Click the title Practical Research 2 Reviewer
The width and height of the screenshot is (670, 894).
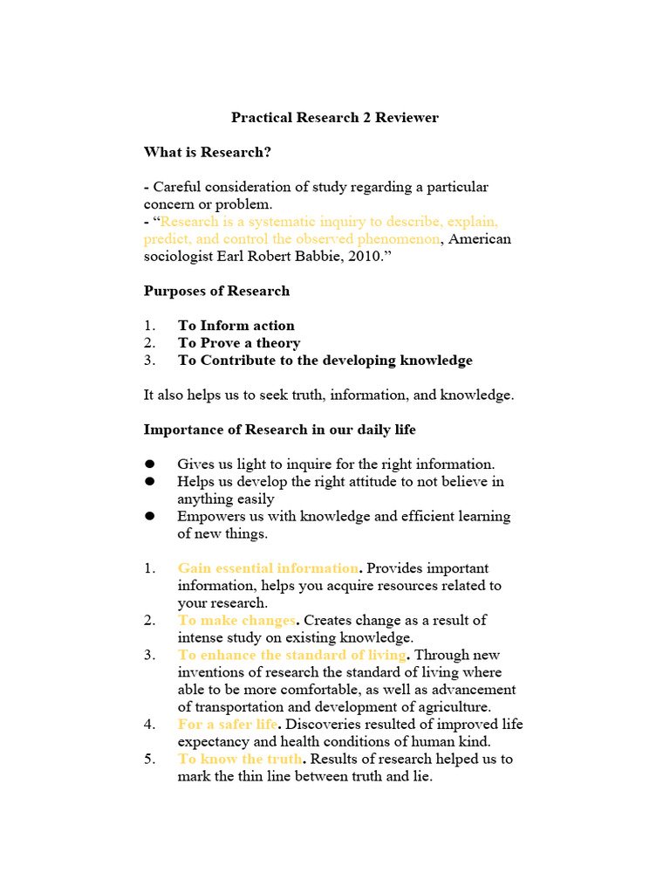(334, 117)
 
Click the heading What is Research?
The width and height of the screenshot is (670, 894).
(208, 152)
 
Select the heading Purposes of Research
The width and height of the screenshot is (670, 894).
(216, 291)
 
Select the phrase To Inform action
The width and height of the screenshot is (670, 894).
(236, 326)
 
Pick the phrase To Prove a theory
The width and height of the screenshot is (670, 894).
(239, 343)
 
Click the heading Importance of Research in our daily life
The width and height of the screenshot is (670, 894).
(279, 430)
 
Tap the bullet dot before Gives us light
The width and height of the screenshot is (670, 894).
(150, 464)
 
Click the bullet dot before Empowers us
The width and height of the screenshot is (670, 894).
(150, 516)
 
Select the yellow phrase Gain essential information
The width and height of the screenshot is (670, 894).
(268, 568)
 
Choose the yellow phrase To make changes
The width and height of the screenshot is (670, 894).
(236, 621)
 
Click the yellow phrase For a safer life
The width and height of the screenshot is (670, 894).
(228, 725)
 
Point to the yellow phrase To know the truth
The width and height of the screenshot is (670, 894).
(240, 759)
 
